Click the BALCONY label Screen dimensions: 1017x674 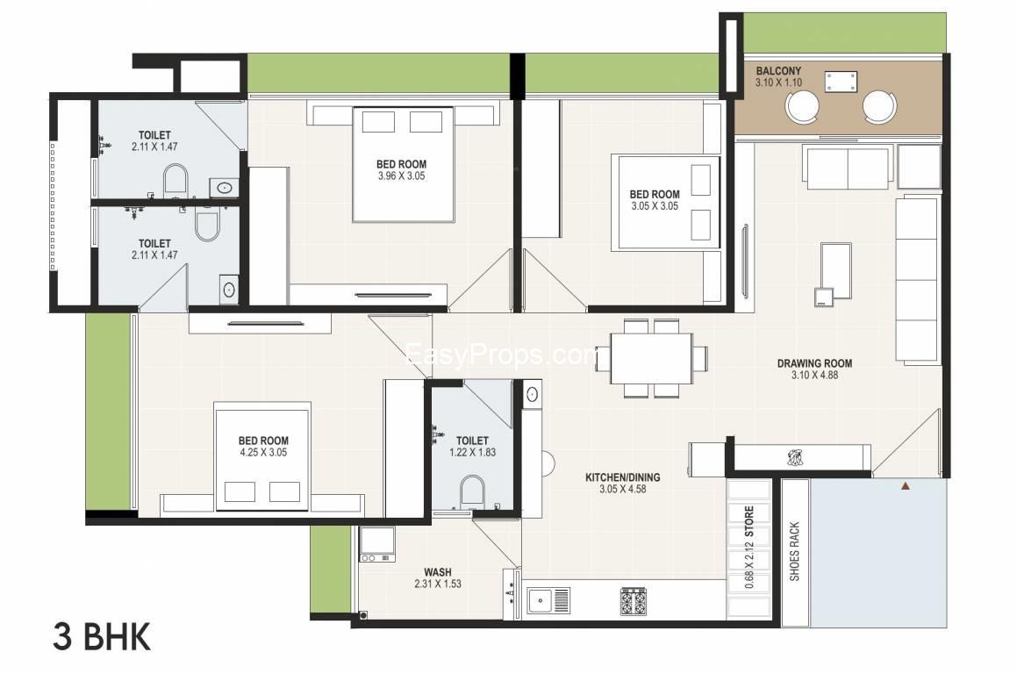click(x=778, y=71)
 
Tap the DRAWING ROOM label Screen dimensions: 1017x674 click(x=814, y=363)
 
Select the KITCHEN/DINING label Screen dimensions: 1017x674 click(x=623, y=477)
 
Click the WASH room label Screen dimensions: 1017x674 click(x=438, y=572)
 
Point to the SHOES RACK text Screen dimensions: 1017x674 click(x=794, y=551)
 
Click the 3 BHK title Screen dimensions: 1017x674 click(x=102, y=637)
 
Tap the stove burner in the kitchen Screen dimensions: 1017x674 click(x=634, y=601)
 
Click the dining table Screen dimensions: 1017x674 click(x=651, y=358)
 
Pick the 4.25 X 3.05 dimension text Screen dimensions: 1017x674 click(x=263, y=452)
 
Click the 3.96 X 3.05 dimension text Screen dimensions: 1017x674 click(x=402, y=176)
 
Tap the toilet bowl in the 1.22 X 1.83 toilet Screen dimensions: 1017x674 click(x=472, y=492)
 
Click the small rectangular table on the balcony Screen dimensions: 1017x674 click(x=841, y=82)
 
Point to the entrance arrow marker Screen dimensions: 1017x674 click(x=906, y=485)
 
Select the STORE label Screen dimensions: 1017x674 click(x=749, y=521)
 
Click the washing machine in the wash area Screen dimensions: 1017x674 click(x=377, y=544)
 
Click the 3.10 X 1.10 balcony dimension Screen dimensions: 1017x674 click(x=778, y=82)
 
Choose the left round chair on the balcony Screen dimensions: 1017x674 click(x=803, y=105)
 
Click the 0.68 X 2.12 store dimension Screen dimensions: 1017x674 click(x=749, y=566)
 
